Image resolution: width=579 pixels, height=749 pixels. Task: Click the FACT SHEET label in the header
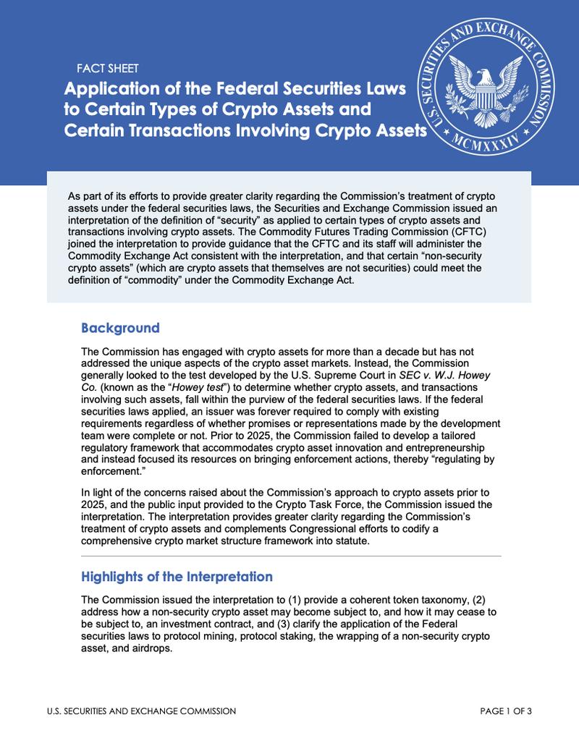[107, 69]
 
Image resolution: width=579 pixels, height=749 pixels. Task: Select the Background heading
[120, 328]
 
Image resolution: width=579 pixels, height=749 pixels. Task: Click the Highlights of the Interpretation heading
[177, 577]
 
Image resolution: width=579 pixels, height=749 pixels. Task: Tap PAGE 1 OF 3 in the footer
[506, 711]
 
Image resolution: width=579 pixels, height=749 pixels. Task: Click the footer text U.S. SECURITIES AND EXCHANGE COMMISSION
[137, 711]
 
